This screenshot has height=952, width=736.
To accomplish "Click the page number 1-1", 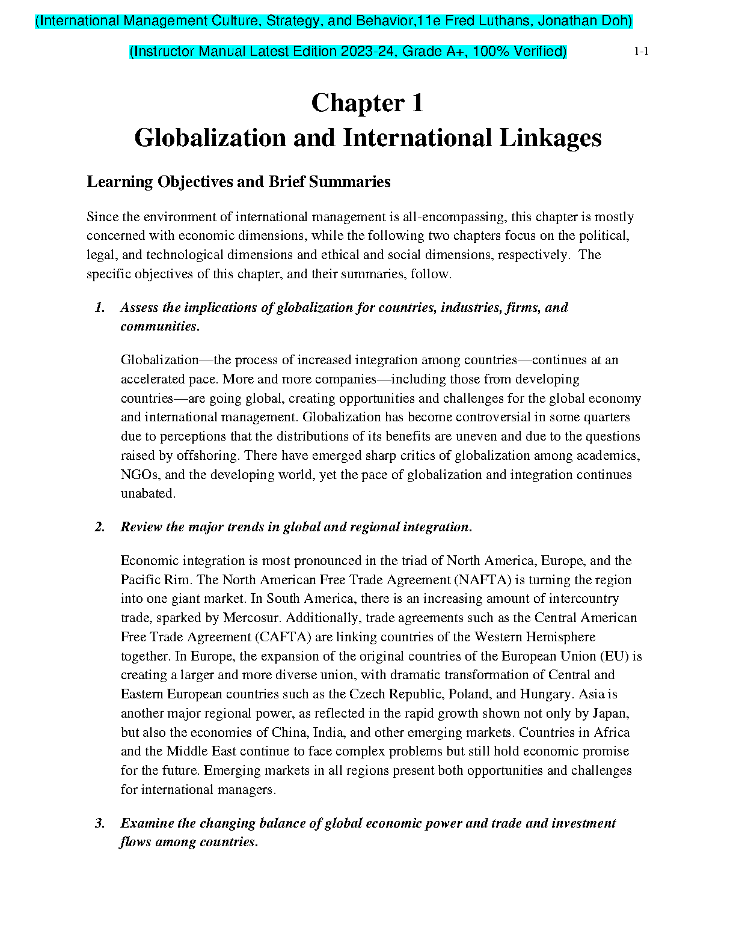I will [x=641, y=52].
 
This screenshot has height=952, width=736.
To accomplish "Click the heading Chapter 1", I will [x=367, y=103].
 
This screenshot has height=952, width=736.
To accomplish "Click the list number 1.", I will [x=100, y=308].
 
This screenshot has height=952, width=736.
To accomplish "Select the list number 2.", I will [x=100, y=527].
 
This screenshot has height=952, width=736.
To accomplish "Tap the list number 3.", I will [x=100, y=823].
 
